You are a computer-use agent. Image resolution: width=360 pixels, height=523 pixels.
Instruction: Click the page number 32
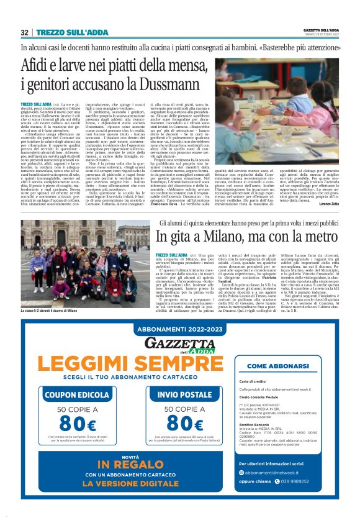click(25, 32)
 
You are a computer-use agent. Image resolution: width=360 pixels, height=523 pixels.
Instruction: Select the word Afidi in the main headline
click(38, 64)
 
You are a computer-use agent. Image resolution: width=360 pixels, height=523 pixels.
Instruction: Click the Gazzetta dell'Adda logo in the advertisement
click(180, 344)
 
